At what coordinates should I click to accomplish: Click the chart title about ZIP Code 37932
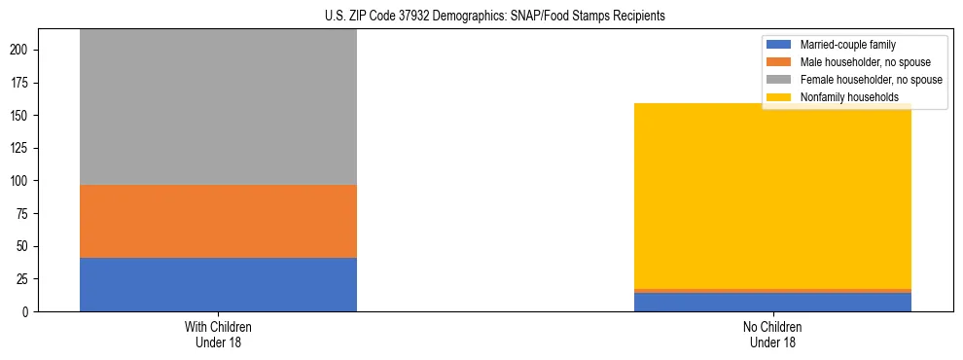click(481, 17)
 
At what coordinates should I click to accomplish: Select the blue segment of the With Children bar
click(218, 284)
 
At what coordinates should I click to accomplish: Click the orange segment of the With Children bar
click(218, 221)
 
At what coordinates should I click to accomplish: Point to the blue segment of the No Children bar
click(772, 302)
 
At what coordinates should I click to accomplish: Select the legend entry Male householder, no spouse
click(860, 62)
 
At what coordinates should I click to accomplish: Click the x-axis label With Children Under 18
click(218, 334)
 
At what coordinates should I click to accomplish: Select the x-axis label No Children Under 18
click(772, 334)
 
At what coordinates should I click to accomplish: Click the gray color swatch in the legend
click(779, 80)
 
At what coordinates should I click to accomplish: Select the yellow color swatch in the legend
click(779, 97)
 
